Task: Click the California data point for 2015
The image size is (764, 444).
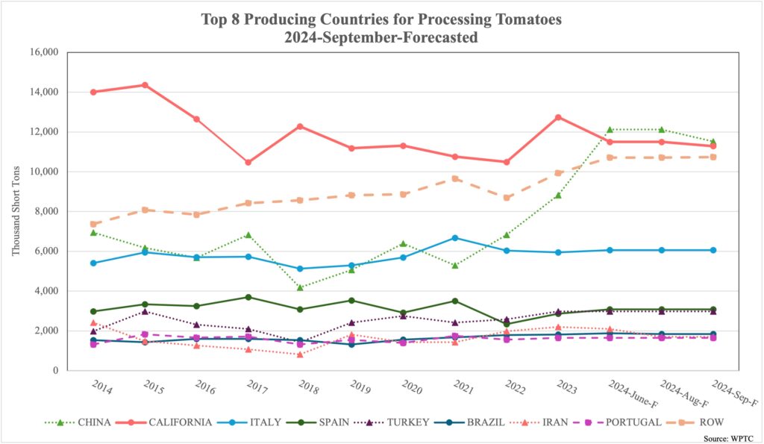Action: (145, 85)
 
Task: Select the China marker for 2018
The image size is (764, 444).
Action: (300, 287)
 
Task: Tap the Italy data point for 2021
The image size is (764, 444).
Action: (454, 238)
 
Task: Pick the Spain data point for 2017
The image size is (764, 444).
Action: (248, 297)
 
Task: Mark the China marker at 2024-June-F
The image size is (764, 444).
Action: (609, 130)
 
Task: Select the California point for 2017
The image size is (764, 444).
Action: (248, 162)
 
